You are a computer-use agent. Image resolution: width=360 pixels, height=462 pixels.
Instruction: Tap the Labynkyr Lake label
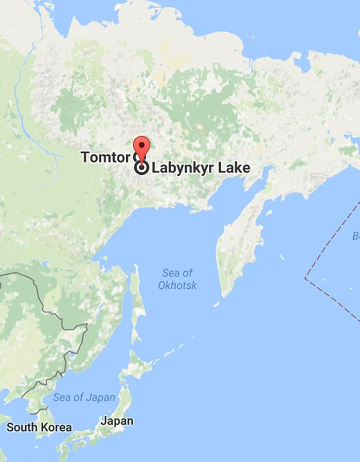tap(201, 168)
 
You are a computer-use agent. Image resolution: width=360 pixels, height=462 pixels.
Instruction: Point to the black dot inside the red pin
tap(141, 144)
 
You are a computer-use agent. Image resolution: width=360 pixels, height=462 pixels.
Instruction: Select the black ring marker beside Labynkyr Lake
tap(141, 168)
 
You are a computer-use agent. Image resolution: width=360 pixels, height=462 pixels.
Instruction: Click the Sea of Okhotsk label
tap(177, 279)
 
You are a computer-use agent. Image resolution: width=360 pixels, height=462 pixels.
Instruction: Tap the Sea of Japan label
tap(84, 397)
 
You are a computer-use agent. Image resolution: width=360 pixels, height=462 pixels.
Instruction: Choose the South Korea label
tap(39, 427)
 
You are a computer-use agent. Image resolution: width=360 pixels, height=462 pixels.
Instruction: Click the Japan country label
tap(117, 421)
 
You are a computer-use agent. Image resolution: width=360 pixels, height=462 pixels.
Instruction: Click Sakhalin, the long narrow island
tap(137, 303)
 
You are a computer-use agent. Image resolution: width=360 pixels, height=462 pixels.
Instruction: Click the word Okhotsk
tap(177, 285)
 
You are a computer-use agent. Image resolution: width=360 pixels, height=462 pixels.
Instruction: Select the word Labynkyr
tap(183, 168)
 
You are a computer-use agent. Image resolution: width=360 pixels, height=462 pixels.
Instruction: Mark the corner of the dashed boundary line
tap(305, 279)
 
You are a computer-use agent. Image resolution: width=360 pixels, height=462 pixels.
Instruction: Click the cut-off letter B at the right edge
tap(356, 236)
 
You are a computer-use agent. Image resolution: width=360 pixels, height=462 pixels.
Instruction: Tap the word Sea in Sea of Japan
tap(62, 397)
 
